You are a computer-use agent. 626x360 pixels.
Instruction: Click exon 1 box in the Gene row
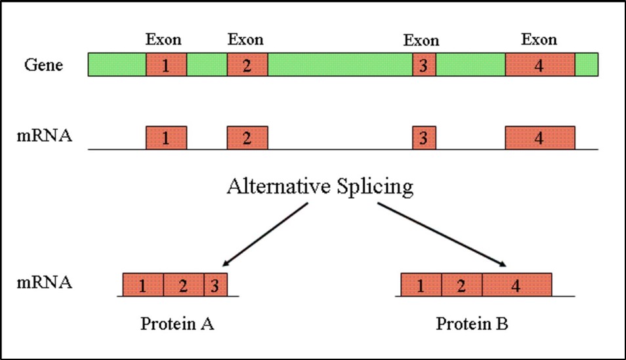[x=166, y=65]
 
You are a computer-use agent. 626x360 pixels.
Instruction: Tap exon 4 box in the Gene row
[x=539, y=65]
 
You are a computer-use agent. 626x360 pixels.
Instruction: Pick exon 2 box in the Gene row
[x=247, y=65]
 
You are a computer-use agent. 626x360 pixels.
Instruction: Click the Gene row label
[x=43, y=65]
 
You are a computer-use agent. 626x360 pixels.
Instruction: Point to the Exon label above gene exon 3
[x=421, y=41]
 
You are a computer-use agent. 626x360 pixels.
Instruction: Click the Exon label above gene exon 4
[x=539, y=40]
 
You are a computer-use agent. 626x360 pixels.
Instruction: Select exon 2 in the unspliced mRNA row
[x=247, y=138]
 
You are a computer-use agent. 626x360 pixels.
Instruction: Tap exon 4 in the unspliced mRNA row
[x=539, y=138]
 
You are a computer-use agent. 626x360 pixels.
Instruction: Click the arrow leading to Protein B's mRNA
[x=443, y=235]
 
